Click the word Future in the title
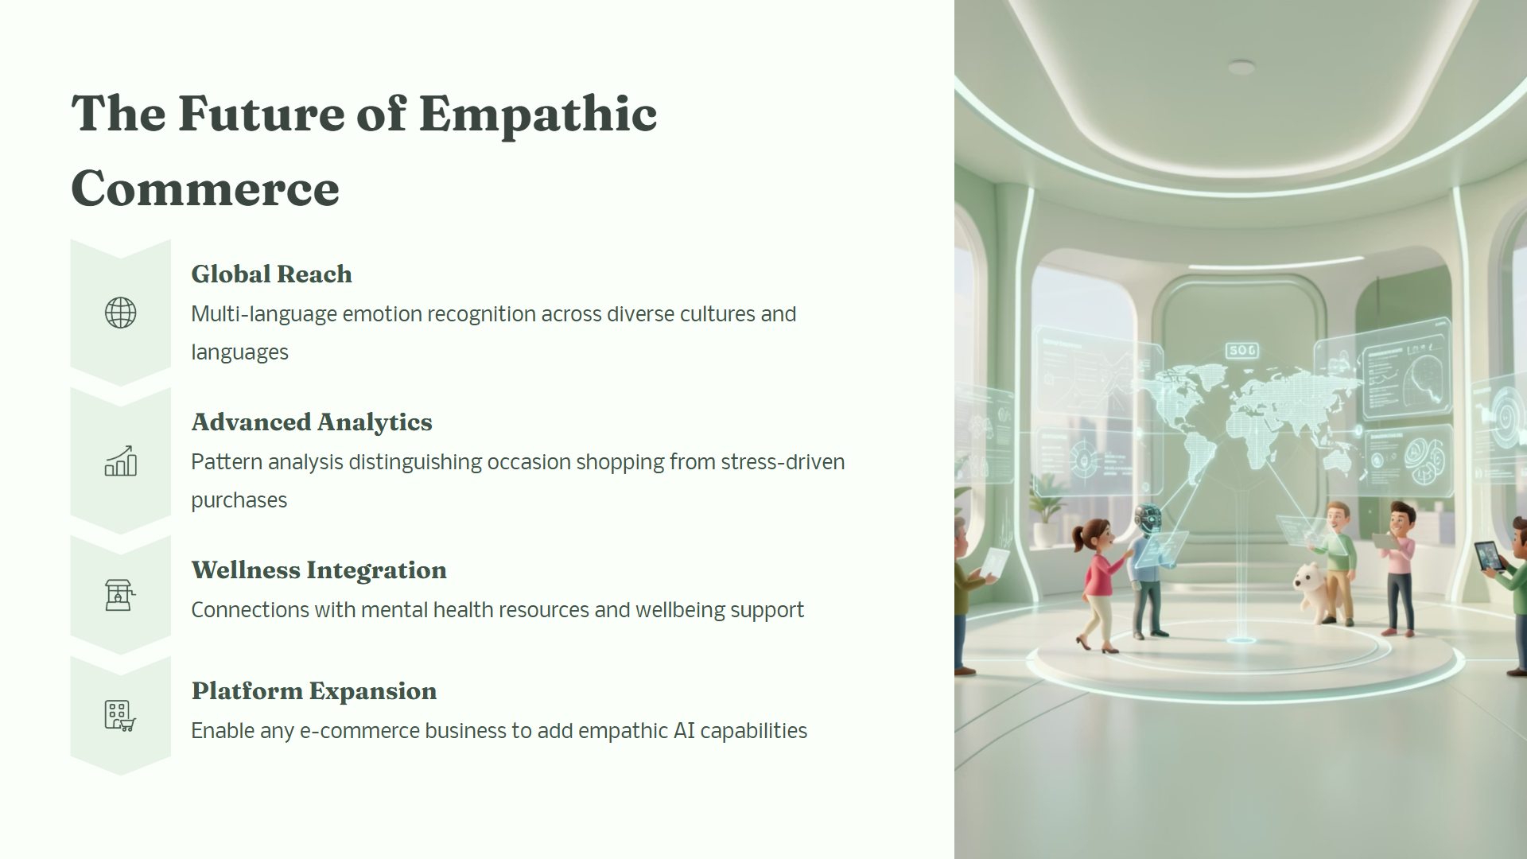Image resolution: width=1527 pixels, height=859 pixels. point(262,114)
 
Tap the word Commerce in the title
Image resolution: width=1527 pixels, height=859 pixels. point(205,189)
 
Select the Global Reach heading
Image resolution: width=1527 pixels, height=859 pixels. point(271,274)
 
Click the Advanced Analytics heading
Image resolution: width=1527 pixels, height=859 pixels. point(312,422)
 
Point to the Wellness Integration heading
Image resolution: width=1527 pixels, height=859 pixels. point(319,570)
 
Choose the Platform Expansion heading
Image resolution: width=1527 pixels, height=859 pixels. point(314,691)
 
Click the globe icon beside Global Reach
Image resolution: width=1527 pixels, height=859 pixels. point(121,313)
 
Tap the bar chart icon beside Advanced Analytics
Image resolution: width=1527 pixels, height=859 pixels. point(121,461)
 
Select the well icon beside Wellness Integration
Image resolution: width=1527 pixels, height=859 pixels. point(120,594)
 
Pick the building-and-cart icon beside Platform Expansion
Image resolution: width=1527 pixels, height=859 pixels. point(120,715)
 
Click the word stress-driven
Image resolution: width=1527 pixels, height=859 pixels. point(783,462)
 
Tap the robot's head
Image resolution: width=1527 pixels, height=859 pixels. point(1148,517)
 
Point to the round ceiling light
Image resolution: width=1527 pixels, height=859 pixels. point(1241,68)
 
